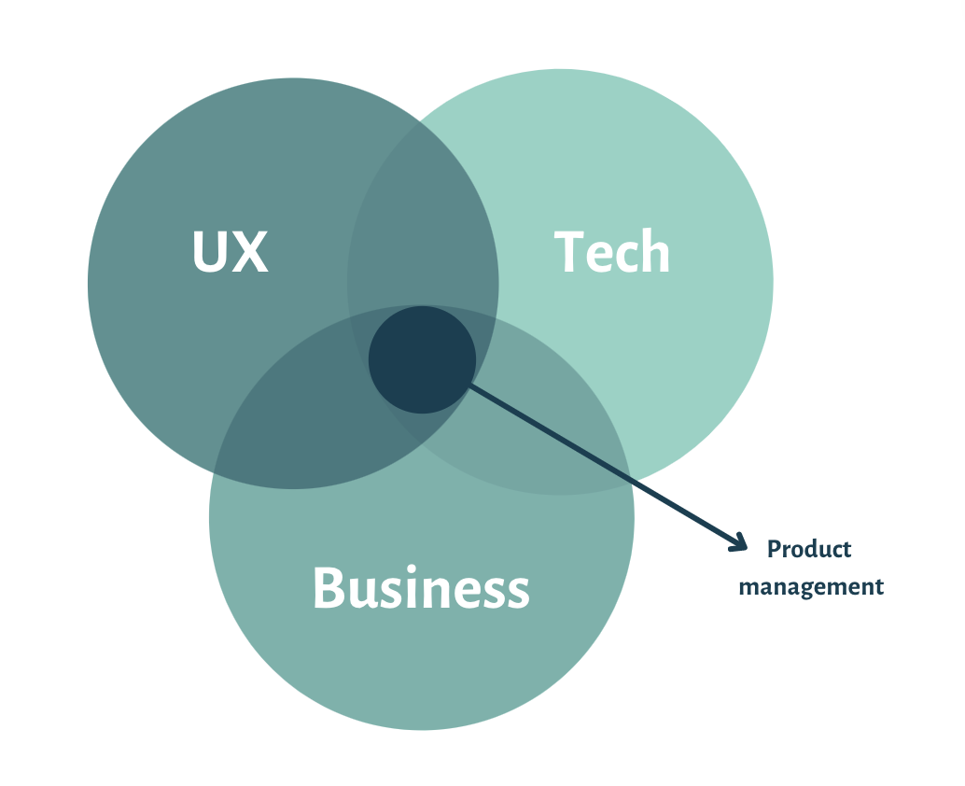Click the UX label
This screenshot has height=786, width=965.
click(231, 251)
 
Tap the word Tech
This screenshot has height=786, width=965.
click(611, 250)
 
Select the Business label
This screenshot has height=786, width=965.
click(422, 588)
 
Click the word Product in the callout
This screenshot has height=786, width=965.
click(809, 548)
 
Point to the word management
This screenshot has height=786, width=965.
click(811, 586)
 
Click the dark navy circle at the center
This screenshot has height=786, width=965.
click(422, 360)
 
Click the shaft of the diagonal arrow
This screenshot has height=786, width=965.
click(607, 465)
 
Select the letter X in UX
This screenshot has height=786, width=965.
click(250, 251)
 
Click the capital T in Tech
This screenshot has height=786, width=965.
click(568, 251)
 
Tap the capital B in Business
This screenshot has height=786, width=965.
click(329, 587)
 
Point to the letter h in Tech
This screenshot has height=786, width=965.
click(656, 250)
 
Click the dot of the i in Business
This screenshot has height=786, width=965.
click(412, 568)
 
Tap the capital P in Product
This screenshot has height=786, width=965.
click(775, 549)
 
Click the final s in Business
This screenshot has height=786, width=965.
click(519, 594)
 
